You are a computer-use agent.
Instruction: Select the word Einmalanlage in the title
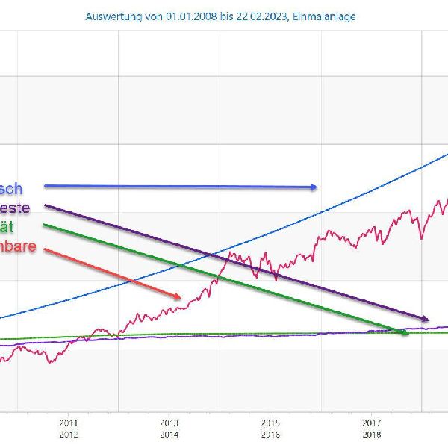click(326, 16)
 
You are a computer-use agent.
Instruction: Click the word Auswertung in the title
click(112, 16)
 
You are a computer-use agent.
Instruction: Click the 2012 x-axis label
click(68, 434)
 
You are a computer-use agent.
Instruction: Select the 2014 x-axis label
click(169, 434)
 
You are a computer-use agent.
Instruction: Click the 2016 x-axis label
click(270, 434)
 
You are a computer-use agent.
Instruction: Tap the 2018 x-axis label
click(372, 434)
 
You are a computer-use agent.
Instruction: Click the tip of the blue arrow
click(318, 187)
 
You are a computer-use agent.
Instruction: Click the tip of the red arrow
click(181, 297)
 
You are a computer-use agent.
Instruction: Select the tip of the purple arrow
click(429, 320)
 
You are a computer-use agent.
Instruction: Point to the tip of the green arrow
click(409, 333)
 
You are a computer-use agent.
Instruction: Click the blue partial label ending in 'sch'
click(10, 189)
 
